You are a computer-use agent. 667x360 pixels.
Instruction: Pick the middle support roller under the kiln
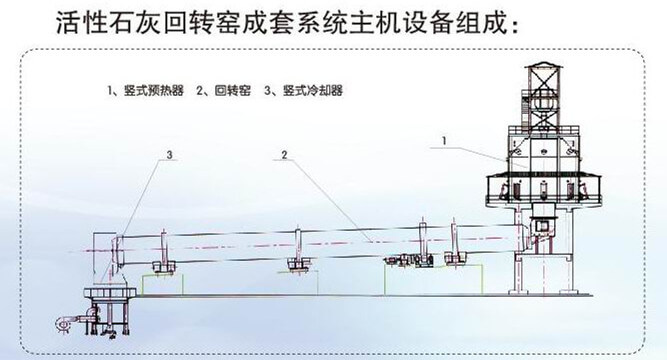click(x=296, y=264)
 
